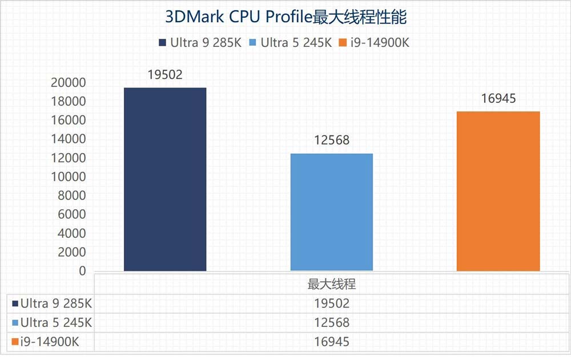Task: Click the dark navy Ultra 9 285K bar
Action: coord(165,179)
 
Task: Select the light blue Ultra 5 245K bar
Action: coord(332,212)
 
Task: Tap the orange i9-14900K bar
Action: coord(498,191)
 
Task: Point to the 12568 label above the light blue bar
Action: coord(332,140)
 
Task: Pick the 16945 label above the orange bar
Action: coord(498,98)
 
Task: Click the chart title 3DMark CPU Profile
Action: coord(285,17)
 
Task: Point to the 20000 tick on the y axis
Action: coord(69,83)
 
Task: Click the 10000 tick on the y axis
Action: coord(69,177)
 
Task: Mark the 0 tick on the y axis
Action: coord(82,271)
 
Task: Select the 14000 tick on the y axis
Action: coord(69,139)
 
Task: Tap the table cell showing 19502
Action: coord(332,303)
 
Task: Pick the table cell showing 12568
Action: coord(332,322)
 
